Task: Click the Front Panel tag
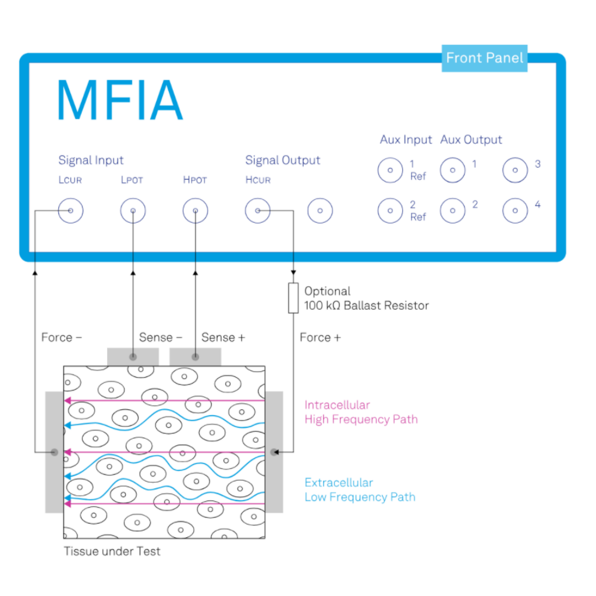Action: click(484, 58)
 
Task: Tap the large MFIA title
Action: click(120, 100)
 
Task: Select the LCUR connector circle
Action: click(70, 211)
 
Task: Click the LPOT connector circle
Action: click(133, 211)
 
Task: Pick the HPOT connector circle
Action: click(195, 211)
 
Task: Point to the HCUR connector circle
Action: click(257, 211)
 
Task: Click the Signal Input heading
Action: click(91, 160)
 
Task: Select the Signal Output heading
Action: click(282, 160)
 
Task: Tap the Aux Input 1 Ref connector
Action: click(390, 171)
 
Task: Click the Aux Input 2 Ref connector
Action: click(390, 211)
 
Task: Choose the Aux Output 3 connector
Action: click(515, 171)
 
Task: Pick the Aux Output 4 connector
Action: click(515, 211)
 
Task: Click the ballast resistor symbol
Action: click(293, 298)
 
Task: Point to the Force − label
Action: click(62, 338)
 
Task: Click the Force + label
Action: click(320, 338)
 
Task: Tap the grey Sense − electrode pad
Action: click(133, 356)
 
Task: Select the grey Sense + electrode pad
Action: click(195, 356)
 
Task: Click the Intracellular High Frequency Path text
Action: click(361, 412)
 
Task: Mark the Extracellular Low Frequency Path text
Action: click(360, 489)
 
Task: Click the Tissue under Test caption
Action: click(112, 551)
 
